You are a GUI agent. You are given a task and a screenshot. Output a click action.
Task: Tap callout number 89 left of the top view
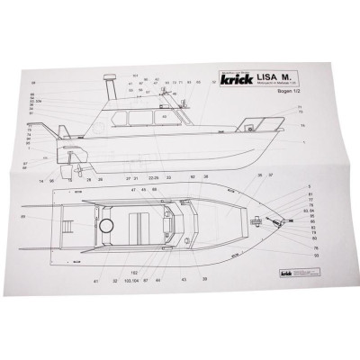pos(22,216)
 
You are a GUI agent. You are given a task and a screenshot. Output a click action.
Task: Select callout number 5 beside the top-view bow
pos(309,186)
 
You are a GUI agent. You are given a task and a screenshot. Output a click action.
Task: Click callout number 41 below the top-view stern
pos(94,281)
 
